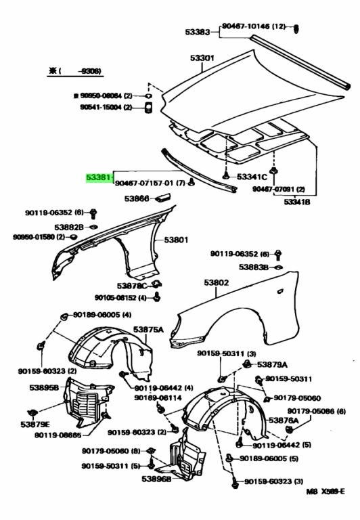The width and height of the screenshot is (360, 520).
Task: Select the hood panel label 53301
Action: (x=202, y=58)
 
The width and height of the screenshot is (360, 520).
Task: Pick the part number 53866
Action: (x=137, y=199)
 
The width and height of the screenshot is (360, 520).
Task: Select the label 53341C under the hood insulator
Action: (x=252, y=177)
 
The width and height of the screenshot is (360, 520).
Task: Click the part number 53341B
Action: (x=298, y=202)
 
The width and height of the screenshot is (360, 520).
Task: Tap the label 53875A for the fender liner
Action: (x=148, y=329)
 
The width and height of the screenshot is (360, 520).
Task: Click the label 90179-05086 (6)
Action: (x=316, y=411)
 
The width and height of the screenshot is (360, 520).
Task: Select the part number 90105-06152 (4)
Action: (x=120, y=297)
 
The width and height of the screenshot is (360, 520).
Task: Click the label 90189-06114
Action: (x=157, y=397)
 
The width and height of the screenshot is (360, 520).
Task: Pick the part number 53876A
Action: (x=284, y=420)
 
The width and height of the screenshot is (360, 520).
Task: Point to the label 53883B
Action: (x=254, y=268)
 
